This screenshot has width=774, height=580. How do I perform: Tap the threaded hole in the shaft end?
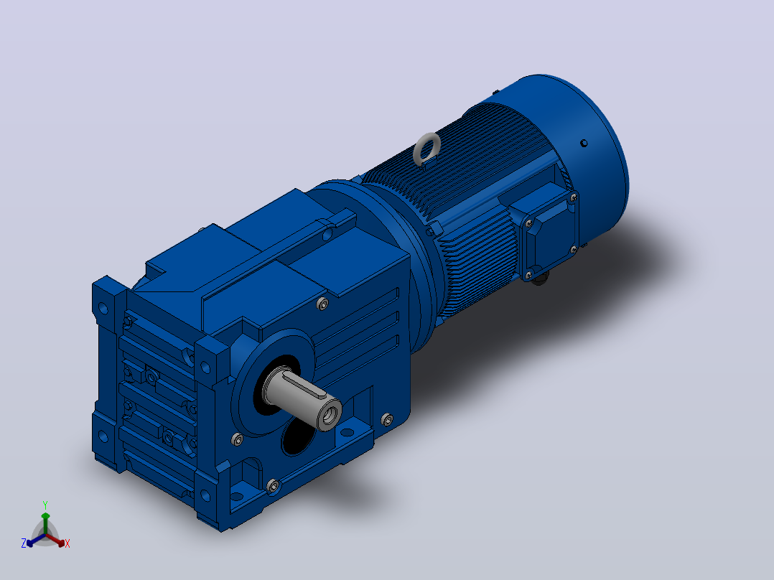(330, 416)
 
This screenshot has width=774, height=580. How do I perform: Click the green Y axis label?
(45, 505)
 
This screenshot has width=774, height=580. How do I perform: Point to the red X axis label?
(67, 543)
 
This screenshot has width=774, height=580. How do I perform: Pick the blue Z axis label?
(23, 543)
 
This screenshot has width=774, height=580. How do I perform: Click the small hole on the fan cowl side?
(584, 143)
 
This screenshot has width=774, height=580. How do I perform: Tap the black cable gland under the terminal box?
(539, 279)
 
